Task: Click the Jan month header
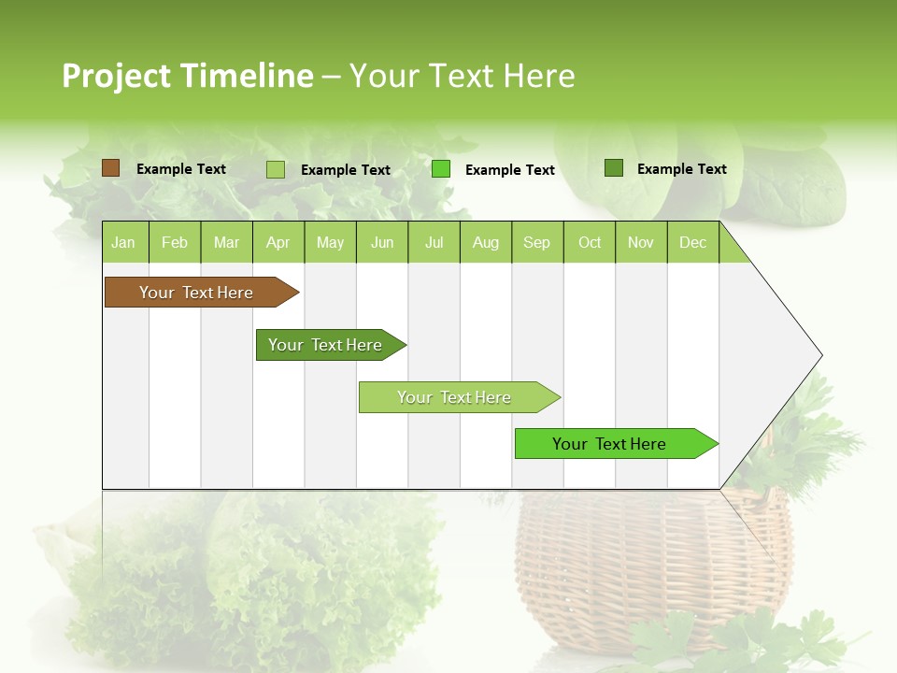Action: tap(124, 242)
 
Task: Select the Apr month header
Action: tap(278, 242)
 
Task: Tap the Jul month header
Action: tap(434, 242)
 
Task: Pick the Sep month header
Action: tap(536, 242)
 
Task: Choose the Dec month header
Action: tap(692, 242)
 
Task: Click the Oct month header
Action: tap(590, 242)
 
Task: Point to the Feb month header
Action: tap(175, 242)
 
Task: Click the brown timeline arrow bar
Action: tap(196, 293)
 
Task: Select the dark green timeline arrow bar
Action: tap(325, 345)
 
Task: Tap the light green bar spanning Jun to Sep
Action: tap(454, 397)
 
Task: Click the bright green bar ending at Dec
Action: tap(609, 444)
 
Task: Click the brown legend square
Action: tap(111, 168)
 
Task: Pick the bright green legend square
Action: tap(441, 169)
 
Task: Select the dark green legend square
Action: tap(614, 168)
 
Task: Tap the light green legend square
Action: tap(276, 169)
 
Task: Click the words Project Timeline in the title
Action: tap(187, 76)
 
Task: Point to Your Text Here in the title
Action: tap(463, 76)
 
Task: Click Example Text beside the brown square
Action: tap(181, 169)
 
